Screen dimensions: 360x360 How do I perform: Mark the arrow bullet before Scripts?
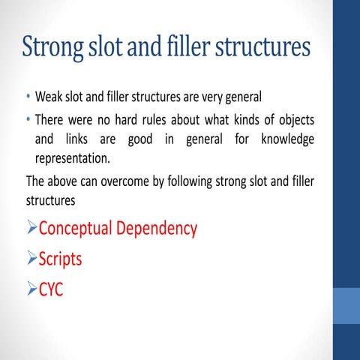tap(31, 259)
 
